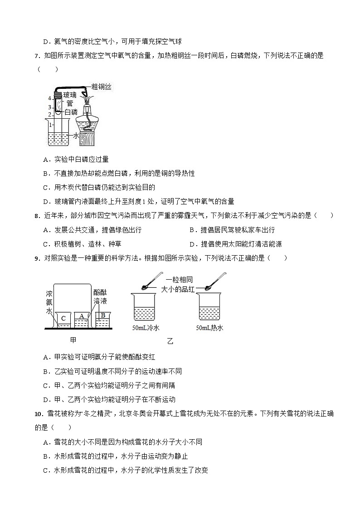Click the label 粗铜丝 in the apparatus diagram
(x=101, y=87)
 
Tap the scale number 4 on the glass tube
(x=50, y=98)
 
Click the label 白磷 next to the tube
(x=71, y=111)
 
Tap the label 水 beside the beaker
(x=76, y=135)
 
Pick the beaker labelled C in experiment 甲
(x=63, y=319)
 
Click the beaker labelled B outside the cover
(x=103, y=318)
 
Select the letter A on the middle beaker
(x=82, y=316)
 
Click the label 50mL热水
(x=209, y=328)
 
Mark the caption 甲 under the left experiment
(x=74, y=339)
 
